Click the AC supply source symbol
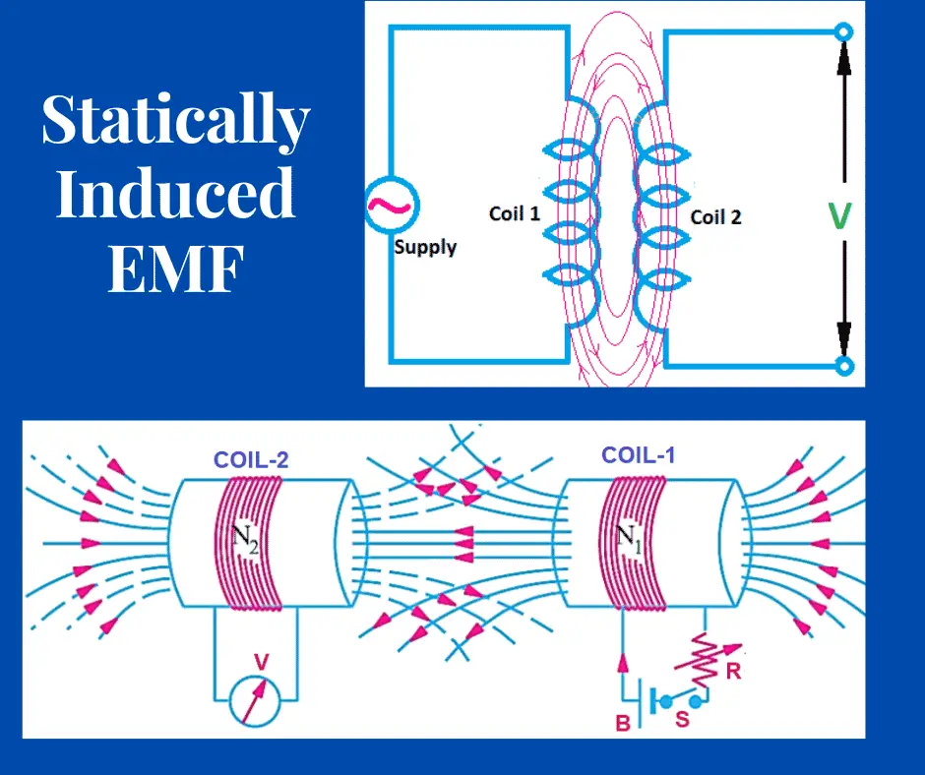tap(392, 206)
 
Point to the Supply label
tap(425, 247)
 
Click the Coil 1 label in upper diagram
tap(515, 212)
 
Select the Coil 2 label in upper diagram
tap(715, 216)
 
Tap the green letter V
tap(839, 215)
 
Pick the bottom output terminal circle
tap(842, 367)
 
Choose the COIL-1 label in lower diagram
tap(638, 455)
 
